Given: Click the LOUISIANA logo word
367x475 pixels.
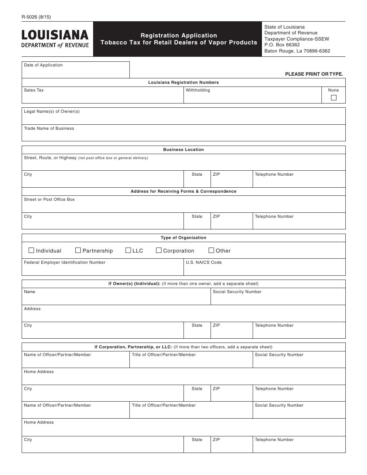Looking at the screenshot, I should [55, 35].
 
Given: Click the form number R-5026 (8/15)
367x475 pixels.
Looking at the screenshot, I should [36, 17].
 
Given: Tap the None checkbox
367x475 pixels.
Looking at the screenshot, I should [334, 98].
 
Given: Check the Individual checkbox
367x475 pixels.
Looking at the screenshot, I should [31, 250].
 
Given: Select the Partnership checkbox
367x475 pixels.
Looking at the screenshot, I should [78, 250].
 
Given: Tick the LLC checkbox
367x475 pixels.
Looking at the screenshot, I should [128, 250].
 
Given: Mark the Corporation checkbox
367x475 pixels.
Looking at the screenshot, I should [159, 250].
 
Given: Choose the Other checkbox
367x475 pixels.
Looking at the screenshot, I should [211, 250].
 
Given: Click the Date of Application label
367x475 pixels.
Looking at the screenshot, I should [43, 65].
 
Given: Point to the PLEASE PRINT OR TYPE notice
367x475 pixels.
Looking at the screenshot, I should [314, 74].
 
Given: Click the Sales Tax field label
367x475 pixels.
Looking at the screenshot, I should [34, 90].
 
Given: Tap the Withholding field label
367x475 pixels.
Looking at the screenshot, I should [198, 90].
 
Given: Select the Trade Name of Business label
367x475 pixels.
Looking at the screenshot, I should [49, 129].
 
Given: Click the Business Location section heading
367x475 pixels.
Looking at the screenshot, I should [183, 150].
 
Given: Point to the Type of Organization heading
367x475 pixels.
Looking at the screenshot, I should [183, 238].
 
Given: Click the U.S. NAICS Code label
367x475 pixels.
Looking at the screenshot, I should [204, 263].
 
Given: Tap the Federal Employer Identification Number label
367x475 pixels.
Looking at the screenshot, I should [65, 263].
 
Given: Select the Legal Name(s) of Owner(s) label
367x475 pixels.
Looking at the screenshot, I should [52, 112].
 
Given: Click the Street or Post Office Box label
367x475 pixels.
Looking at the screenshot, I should [49, 200].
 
